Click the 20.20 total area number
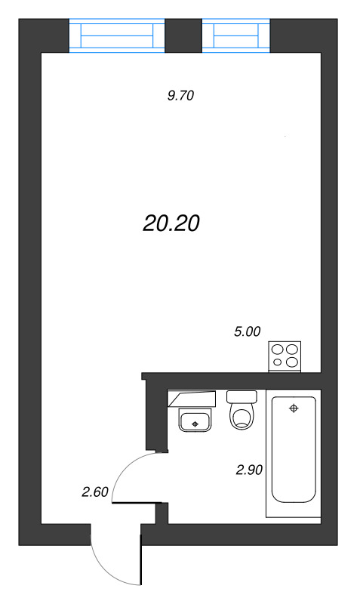pos(171,223)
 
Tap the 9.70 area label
pos(180,95)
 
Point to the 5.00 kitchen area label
pos(248,331)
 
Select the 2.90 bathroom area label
pos(250,470)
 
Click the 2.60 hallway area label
pos(95,492)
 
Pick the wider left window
pos(117,35)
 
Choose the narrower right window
pos(236,35)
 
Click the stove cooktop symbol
pos(285,356)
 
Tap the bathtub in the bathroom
pos(294,454)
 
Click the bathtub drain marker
pos(294,408)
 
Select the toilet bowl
pos(242,417)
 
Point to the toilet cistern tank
pos(242,397)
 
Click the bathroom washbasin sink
pos(195,420)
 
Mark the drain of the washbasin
pos(195,424)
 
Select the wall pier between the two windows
pos(183,35)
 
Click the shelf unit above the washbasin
pos(192,399)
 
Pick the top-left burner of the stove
pos(277,350)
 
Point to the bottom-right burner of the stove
pos(292,362)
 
